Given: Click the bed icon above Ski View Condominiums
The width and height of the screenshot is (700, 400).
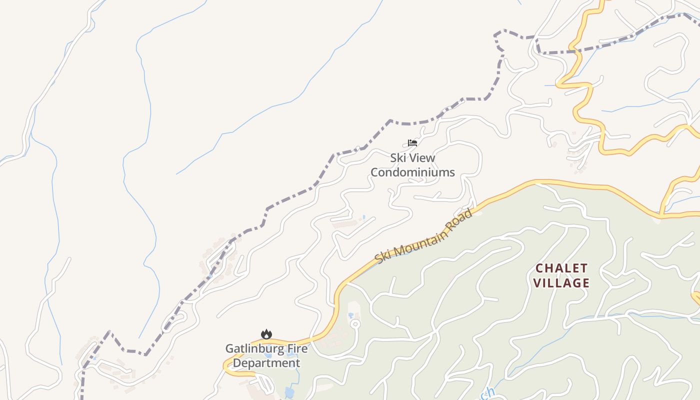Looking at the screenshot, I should tap(412, 143).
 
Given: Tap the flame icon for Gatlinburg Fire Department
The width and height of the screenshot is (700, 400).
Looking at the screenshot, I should tap(266, 334).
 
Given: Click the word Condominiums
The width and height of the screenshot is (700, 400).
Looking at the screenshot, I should tap(412, 172).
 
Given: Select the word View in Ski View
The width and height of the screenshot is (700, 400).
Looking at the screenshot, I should tap(423, 158).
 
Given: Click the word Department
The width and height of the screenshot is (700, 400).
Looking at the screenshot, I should tap(266, 363).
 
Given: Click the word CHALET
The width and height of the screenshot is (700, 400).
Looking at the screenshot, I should tap(561, 268).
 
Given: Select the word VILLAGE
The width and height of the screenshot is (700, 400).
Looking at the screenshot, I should tap(561, 283).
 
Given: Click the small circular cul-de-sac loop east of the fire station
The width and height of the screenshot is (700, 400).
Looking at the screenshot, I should tap(355, 323).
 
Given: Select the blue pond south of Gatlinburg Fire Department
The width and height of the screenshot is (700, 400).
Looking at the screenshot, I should tap(289, 392).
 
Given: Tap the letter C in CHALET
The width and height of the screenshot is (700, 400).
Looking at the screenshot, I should tap(539, 268).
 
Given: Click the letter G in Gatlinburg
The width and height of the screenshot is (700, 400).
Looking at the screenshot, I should tap(229, 348).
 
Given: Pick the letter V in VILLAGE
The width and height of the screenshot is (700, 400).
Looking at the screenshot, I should tap(537, 283).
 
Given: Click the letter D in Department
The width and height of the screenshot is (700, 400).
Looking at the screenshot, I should tap(237, 363).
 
